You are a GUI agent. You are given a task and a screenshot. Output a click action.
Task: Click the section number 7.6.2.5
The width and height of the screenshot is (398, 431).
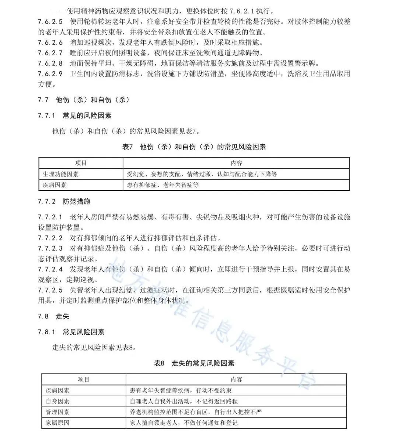point(50,21)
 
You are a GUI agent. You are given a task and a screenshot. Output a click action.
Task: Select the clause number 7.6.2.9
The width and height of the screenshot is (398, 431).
point(50,74)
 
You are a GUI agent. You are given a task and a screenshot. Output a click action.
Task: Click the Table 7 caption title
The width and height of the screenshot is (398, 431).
point(194,147)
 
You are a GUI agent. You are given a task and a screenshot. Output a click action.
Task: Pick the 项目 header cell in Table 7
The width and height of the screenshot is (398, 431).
point(81,163)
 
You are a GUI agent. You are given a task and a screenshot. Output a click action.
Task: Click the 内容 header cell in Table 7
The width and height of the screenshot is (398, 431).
point(236,163)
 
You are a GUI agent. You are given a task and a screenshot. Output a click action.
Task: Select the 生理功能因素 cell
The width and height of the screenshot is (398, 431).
point(61,174)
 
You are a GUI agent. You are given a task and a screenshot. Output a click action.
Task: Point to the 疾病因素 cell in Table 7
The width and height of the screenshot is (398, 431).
point(55,185)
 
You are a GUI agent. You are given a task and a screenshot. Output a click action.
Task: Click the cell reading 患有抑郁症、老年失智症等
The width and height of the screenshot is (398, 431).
point(163,185)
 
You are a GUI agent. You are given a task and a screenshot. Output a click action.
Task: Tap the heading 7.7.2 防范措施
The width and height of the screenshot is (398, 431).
point(64,201)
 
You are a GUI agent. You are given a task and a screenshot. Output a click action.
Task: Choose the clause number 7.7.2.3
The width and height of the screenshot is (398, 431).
point(50,248)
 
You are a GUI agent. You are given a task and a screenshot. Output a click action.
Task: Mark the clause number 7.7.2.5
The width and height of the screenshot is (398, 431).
point(50,290)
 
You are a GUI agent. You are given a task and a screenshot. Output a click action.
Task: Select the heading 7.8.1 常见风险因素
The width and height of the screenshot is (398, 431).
point(71,332)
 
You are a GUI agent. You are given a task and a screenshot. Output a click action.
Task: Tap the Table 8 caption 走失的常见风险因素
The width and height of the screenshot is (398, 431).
point(194,363)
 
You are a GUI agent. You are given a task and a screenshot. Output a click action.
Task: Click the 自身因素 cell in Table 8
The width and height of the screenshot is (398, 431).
point(57,401)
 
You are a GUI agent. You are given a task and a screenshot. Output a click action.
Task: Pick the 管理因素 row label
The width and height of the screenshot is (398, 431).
point(57,412)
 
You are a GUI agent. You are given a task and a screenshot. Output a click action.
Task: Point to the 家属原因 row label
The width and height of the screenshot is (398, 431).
point(57,423)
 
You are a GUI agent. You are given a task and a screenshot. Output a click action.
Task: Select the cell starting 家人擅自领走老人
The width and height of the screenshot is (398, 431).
point(184,423)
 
